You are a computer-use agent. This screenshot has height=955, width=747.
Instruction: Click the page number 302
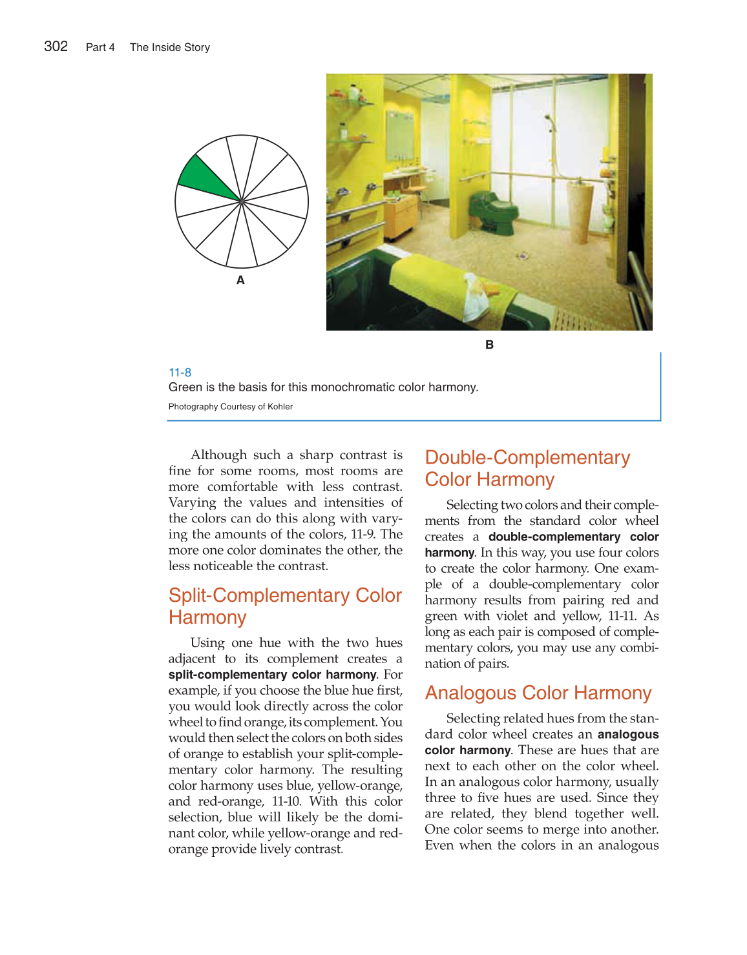pyautogui.click(x=56, y=46)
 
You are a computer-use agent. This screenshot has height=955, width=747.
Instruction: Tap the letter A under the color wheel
pyautogui.click(x=240, y=280)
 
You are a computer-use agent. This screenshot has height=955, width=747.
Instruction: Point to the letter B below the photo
pyautogui.click(x=489, y=345)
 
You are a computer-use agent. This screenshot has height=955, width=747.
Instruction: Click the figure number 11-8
pyautogui.click(x=180, y=373)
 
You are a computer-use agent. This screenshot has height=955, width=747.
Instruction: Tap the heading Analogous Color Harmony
pyautogui.click(x=538, y=693)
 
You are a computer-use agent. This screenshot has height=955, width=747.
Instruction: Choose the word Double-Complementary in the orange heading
pyautogui.click(x=527, y=458)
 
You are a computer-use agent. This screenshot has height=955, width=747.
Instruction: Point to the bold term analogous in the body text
pyautogui.click(x=628, y=734)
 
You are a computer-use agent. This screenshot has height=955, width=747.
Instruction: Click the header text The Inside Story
pyautogui.click(x=170, y=47)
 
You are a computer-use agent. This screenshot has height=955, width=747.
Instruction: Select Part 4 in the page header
pyautogui.click(x=100, y=47)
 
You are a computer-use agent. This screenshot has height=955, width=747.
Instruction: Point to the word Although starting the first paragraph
pyautogui.click(x=219, y=455)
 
